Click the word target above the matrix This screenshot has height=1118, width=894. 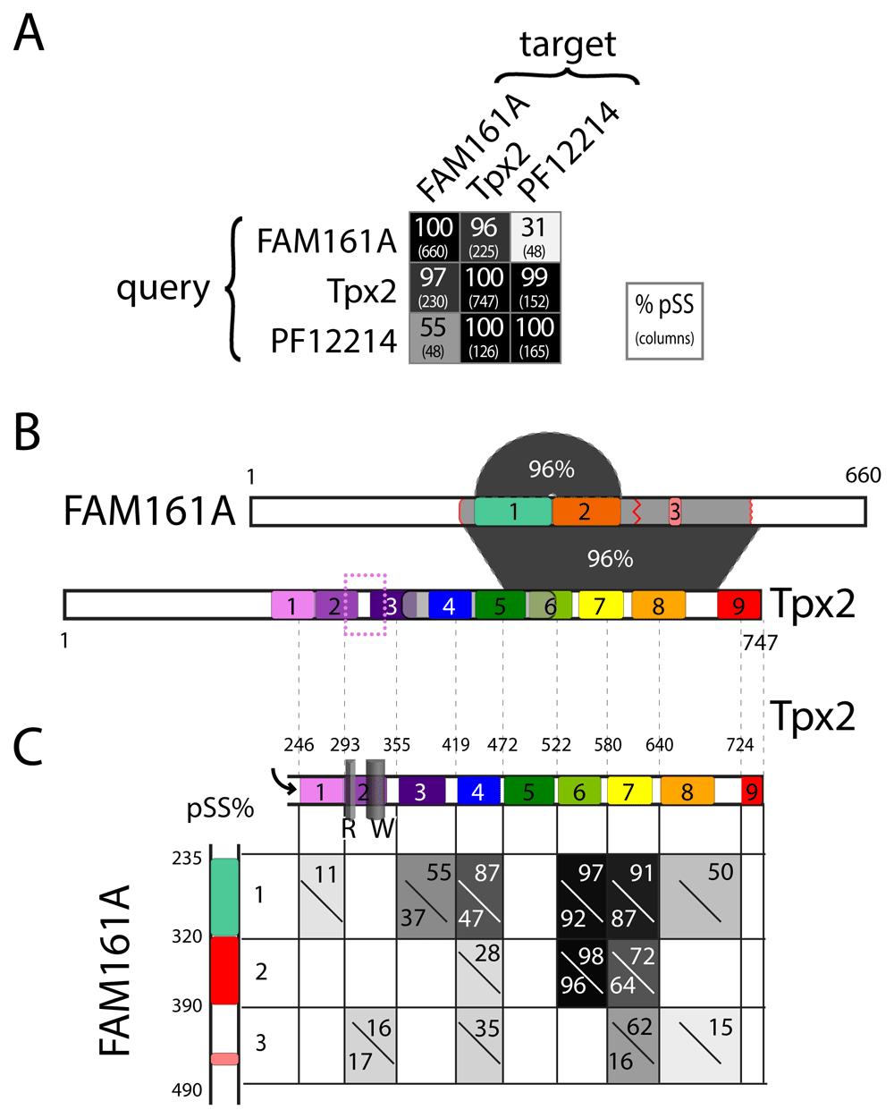[x=569, y=44]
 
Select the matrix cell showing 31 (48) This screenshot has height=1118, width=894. [x=536, y=236]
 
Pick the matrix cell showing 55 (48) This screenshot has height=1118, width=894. [x=434, y=338]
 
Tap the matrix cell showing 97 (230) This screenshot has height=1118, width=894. [x=434, y=287]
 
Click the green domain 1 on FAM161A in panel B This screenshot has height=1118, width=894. [x=512, y=511]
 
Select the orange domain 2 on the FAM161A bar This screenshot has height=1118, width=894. [x=586, y=511]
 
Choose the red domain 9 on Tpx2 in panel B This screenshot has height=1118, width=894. [x=738, y=606]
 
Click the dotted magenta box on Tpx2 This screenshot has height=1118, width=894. [x=365, y=604]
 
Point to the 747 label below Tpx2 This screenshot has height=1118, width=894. [x=757, y=640]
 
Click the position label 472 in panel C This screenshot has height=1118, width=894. [x=502, y=744]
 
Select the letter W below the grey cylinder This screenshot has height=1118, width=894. [x=382, y=829]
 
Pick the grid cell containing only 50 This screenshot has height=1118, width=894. [x=711, y=896]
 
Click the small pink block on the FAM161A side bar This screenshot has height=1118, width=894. [x=224, y=1059]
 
